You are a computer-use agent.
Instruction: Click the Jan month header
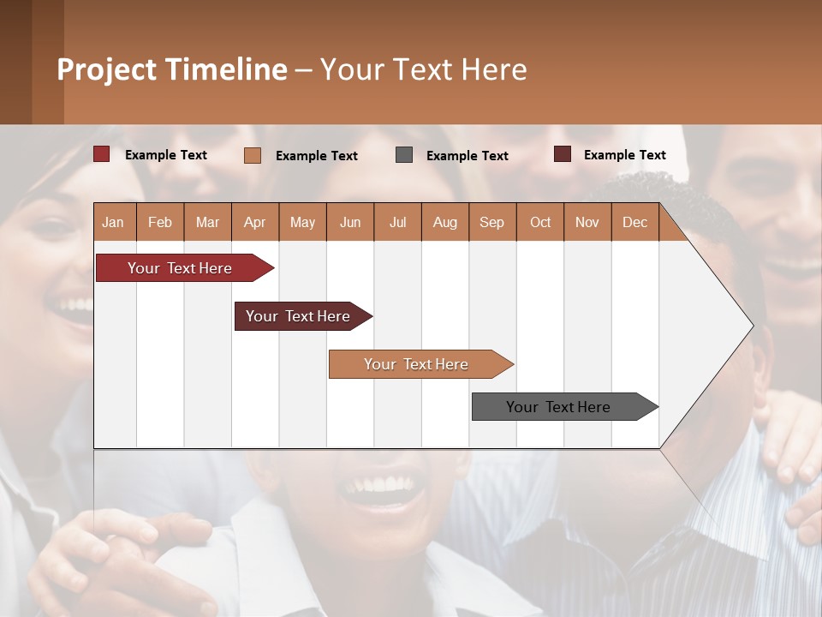pyautogui.click(x=114, y=222)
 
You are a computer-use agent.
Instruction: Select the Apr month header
pyautogui.click(x=255, y=222)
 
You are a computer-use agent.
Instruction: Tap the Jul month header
pyautogui.click(x=398, y=222)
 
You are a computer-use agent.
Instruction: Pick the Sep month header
pyautogui.click(x=492, y=222)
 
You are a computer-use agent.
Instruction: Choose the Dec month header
pyautogui.click(x=635, y=222)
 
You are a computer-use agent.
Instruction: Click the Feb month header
pyautogui.click(x=160, y=222)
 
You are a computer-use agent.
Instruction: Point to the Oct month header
pyautogui.click(x=540, y=222)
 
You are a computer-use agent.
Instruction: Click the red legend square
pyautogui.click(x=101, y=154)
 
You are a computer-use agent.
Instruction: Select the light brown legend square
pyautogui.click(x=252, y=155)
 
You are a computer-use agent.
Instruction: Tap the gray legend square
pyautogui.click(x=404, y=155)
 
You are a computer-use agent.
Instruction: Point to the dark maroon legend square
pyautogui.click(x=563, y=154)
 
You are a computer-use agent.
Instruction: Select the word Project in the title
pyautogui.click(x=106, y=69)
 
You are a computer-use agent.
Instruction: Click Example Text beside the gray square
pyautogui.click(x=468, y=155)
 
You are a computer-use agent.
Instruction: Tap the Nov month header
pyautogui.click(x=587, y=222)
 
